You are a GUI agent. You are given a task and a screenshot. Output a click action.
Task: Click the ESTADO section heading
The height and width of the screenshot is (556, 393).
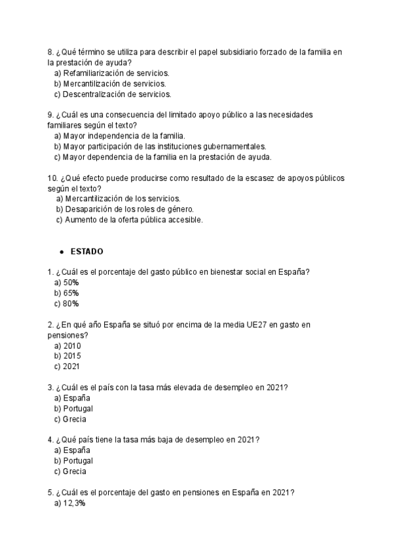(x=86, y=252)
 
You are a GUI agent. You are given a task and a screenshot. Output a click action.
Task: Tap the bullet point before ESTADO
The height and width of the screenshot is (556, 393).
(x=61, y=252)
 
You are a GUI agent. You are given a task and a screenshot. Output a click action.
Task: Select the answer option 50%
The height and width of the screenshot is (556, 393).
(x=67, y=282)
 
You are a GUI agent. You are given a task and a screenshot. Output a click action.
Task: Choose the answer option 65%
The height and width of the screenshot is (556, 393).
(x=67, y=293)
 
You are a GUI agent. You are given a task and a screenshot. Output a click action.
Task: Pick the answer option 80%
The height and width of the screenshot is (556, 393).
(x=67, y=304)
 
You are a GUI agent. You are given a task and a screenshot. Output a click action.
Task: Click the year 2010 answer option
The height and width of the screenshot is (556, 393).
(x=67, y=346)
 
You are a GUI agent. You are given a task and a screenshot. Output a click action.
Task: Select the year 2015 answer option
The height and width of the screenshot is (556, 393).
(x=67, y=356)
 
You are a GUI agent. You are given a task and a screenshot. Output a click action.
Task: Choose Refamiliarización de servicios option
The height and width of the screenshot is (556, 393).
(x=111, y=73)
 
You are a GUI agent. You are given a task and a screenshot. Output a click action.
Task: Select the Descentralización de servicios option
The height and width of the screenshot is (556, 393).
(x=112, y=94)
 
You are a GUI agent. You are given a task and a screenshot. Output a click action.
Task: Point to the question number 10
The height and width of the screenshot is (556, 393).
(x=52, y=178)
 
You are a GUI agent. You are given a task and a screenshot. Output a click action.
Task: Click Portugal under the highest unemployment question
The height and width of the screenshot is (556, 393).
(x=73, y=408)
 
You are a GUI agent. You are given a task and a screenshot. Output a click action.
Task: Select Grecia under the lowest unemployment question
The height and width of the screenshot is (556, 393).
(x=70, y=471)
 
